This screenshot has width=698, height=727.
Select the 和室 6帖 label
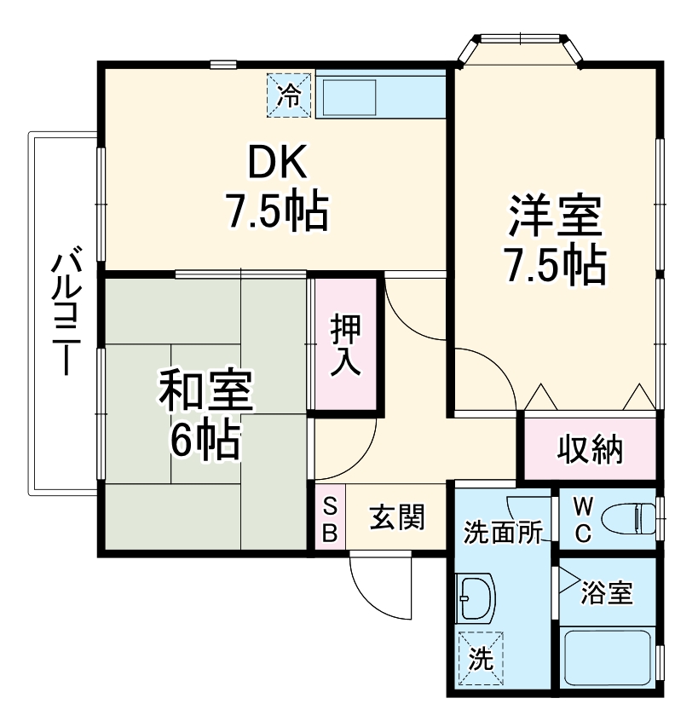click(x=205, y=414)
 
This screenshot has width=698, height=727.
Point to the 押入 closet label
click(x=346, y=345)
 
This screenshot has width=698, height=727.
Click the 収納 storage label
click(x=591, y=448)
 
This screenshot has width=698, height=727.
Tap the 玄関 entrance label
click(x=396, y=517)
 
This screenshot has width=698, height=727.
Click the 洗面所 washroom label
click(x=503, y=533)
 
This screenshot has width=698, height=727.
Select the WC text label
click(x=582, y=518)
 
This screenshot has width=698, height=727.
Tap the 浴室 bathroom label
click(x=608, y=592)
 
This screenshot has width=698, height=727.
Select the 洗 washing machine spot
click(x=481, y=657)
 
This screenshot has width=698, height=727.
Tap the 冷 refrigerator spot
click(x=291, y=95)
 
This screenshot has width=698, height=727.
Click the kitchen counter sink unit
click(x=380, y=95)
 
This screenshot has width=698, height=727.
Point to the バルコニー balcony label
click(x=65, y=312)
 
